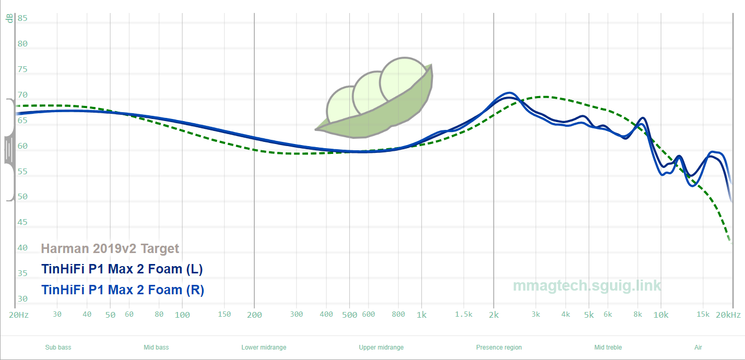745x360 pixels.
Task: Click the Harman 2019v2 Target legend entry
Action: [x=110, y=249]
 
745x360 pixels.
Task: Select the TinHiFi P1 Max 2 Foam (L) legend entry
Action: [x=122, y=269]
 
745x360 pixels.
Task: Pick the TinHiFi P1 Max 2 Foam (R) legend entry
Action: [x=122, y=290]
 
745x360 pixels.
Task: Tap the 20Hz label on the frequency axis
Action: [x=19, y=315]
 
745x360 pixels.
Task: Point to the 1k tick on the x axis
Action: [x=421, y=315]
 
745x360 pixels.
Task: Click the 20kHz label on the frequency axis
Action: [x=728, y=315]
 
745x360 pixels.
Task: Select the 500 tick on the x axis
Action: [x=349, y=315]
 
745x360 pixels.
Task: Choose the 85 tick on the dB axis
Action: [x=22, y=18]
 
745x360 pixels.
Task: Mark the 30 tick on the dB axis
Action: [x=22, y=299]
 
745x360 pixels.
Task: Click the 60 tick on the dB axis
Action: [x=22, y=146]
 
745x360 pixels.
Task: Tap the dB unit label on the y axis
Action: [x=9, y=18]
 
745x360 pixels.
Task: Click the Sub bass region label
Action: [x=58, y=347]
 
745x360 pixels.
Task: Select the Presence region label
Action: [x=499, y=347]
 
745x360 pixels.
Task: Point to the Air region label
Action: [x=698, y=347]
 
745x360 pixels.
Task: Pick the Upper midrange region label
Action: [x=381, y=347]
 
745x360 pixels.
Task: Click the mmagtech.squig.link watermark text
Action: [x=587, y=286]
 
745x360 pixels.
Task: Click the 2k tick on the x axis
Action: [x=493, y=315]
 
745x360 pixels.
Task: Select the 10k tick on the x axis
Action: [x=660, y=315]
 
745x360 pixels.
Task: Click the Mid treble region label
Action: [x=608, y=347]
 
